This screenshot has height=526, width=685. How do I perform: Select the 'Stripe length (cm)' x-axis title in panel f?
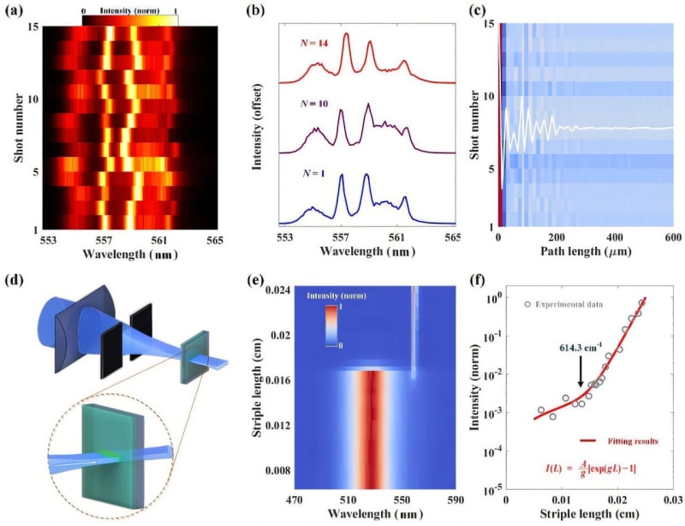587,516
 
